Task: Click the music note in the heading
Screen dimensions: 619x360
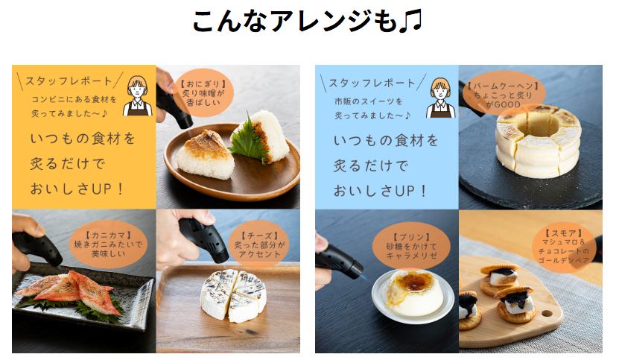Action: (x=410, y=21)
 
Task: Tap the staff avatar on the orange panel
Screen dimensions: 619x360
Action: (x=137, y=95)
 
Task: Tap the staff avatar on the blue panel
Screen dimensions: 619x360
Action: (x=440, y=98)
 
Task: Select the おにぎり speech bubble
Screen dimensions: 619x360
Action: (x=203, y=93)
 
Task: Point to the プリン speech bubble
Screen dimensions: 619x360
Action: (x=411, y=246)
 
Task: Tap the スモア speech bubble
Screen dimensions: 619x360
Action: (x=563, y=247)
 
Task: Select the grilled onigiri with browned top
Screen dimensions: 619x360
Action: (x=206, y=154)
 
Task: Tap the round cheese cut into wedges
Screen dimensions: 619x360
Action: (x=233, y=295)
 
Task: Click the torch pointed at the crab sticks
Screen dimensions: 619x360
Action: (x=36, y=248)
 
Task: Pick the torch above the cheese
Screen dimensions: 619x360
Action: (x=204, y=239)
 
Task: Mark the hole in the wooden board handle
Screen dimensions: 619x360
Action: (x=546, y=313)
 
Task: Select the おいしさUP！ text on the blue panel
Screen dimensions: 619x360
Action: (x=380, y=191)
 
